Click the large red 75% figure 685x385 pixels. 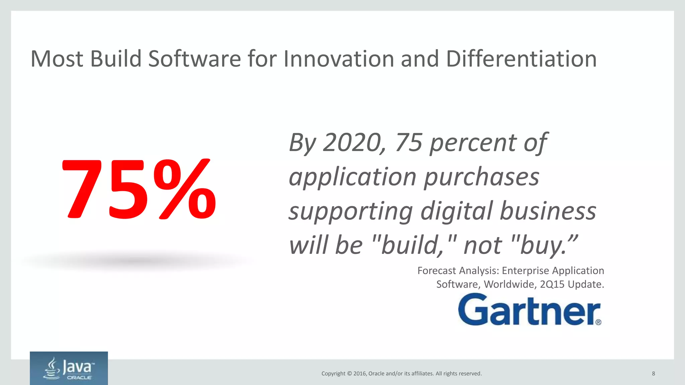pos(139,189)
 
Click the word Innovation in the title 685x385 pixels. pos(339,59)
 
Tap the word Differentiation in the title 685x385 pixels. pos(521,59)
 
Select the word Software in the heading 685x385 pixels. pos(194,59)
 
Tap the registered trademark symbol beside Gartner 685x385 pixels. pos(598,322)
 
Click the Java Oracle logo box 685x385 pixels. pos(69,368)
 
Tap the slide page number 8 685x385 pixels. pos(653,374)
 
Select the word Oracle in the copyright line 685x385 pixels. pos(376,374)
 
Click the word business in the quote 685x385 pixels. pos(548,211)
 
